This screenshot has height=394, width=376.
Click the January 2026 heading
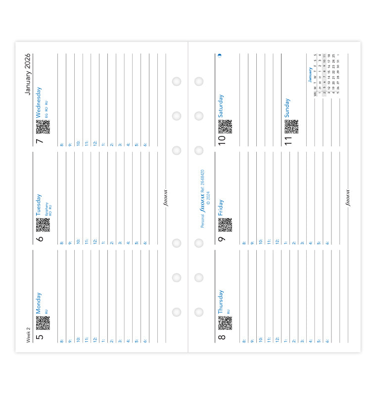point(28,74)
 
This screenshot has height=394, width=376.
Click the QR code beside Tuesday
point(43,225)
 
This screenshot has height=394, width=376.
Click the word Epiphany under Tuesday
point(47,207)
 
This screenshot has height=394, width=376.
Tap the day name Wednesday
point(39,102)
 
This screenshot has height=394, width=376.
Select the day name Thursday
point(221,302)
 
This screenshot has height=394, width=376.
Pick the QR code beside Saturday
point(225,127)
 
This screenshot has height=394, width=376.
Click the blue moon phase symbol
point(220,55)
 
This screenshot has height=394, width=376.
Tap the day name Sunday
point(287,108)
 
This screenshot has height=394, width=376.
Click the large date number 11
point(288,139)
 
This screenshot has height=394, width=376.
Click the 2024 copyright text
point(208,198)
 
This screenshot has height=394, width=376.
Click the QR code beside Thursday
point(225,323)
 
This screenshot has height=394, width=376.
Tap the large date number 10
point(222,139)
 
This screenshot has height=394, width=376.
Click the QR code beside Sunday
point(291,127)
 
